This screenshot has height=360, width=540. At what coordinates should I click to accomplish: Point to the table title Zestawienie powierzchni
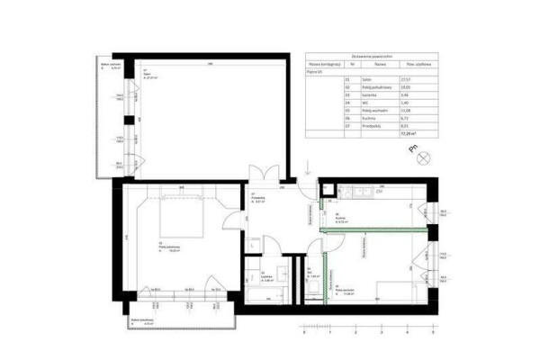coord(373,56)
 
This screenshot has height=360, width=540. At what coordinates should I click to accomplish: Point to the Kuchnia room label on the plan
coord(343,217)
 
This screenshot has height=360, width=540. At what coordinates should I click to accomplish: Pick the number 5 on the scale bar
coord(433,332)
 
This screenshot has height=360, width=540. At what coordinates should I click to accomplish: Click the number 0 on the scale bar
coord(305,332)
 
